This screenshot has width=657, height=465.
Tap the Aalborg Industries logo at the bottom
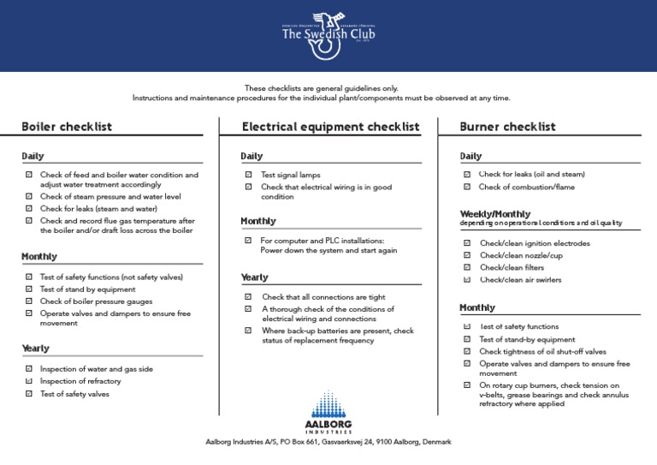pyautogui.click(x=328, y=412)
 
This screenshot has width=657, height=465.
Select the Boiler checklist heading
pyautogui.click(x=67, y=127)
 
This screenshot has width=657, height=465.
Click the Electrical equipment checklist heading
pyautogui.click(x=330, y=127)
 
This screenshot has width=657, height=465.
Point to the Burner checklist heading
pyautogui.click(x=507, y=127)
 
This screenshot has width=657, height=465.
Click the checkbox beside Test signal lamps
pyautogui.click(x=248, y=175)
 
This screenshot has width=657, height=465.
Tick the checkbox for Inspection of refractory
pyautogui.click(x=28, y=381)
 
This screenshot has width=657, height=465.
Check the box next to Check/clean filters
pyautogui.click(x=466, y=267)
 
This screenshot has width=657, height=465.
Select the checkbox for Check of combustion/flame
pyautogui.click(x=466, y=187)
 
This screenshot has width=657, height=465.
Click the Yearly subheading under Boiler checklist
pyautogui.click(x=35, y=349)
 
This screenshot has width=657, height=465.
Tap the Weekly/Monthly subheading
pyautogui.click(x=494, y=214)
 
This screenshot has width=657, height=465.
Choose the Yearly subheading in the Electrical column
pyautogui.click(x=254, y=277)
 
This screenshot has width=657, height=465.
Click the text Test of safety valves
pyautogui.click(x=75, y=394)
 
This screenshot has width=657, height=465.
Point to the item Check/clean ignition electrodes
pyautogui.click(x=535, y=243)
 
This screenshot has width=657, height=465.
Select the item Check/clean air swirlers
pyautogui.click(x=521, y=280)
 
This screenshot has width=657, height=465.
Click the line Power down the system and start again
pyautogui.click(x=328, y=251)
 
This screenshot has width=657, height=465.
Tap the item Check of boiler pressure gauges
pyautogui.click(x=97, y=301)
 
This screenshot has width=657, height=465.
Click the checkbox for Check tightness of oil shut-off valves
pyautogui.click(x=466, y=351)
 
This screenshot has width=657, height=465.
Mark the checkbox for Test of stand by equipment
pyautogui.click(x=28, y=289)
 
